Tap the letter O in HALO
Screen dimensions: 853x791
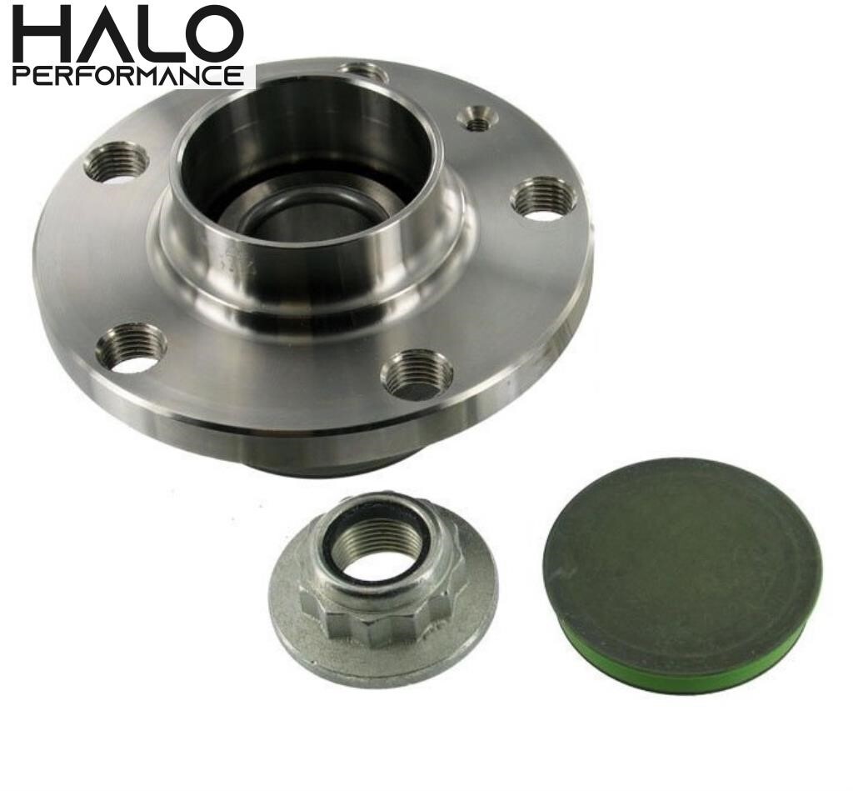[214, 34]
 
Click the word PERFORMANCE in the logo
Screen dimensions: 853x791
[128, 76]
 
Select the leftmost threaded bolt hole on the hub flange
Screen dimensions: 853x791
[117, 162]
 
